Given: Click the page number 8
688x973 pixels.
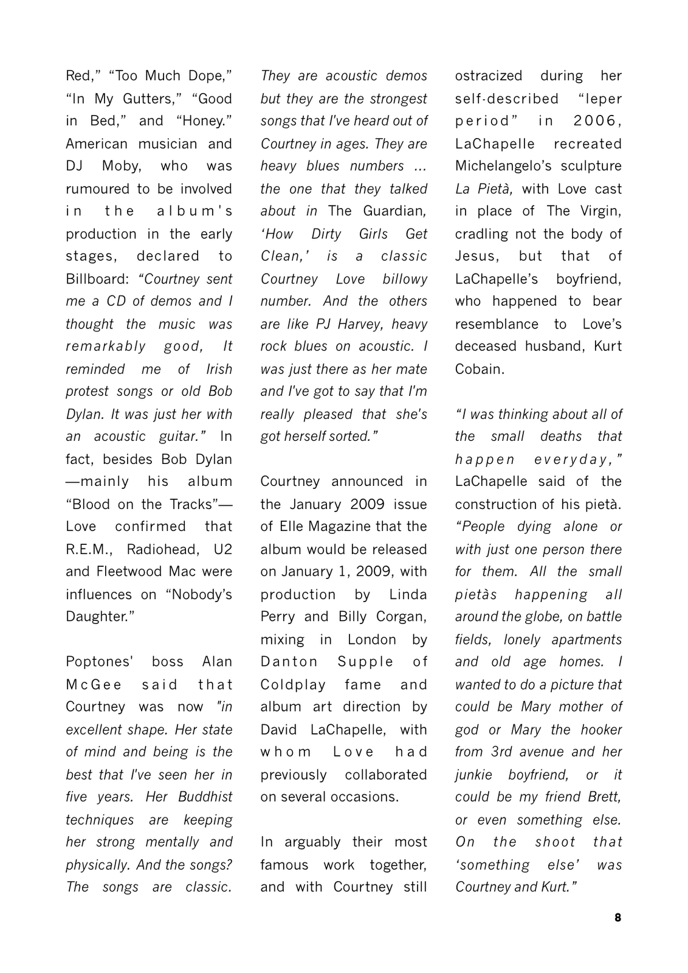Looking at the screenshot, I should tap(617, 918).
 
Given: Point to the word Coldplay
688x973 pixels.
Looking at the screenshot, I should tap(293, 685).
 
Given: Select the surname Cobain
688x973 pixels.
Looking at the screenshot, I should tap(479, 369).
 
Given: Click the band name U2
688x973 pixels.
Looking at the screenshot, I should tap(222, 549).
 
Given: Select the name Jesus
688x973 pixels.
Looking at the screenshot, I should tap(476, 256).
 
